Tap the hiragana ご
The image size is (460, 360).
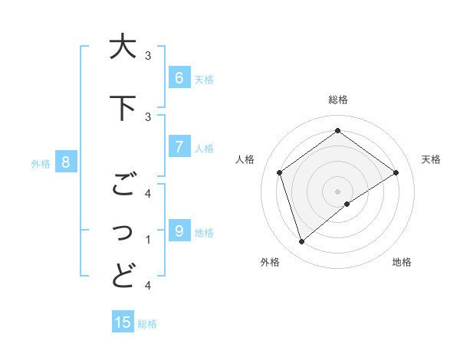[123, 185]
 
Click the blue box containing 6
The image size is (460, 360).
[179, 78]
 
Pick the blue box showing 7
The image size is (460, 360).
[179, 147]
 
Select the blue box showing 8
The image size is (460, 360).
[66, 162]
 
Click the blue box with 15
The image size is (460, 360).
[123, 322]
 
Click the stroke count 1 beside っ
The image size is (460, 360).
[148, 240]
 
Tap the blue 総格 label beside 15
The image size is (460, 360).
[147, 323]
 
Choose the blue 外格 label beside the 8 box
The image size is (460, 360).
[41, 163]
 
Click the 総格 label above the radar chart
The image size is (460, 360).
[338, 100]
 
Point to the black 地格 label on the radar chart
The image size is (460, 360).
[402, 262]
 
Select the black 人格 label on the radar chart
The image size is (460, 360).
[245, 159]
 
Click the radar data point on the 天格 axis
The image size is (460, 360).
[396, 172]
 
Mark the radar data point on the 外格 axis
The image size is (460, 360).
[301, 242]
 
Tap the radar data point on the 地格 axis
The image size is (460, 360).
[347, 204]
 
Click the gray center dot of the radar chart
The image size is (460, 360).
[337, 191]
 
